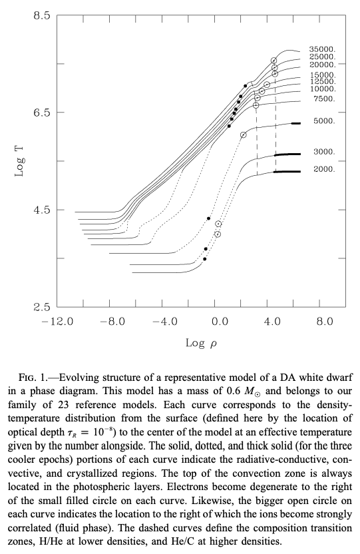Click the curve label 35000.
[322, 49]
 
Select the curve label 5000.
[324, 121]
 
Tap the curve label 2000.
[324, 169]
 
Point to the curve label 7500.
[324, 99]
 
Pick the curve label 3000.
[324, 152]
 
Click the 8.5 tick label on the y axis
[43, 16]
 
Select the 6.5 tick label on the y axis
[43, 113]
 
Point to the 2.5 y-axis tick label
[43, 307]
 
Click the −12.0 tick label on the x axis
[57, 322]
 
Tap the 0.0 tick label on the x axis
[219, 322]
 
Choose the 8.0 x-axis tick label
[324, 322]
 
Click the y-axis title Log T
[19, 161]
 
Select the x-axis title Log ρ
[201, 343]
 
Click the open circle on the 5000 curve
[243, 135]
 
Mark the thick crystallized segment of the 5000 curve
[295, 123]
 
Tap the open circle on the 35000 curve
[274, 61]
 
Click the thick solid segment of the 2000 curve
[287, 172]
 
